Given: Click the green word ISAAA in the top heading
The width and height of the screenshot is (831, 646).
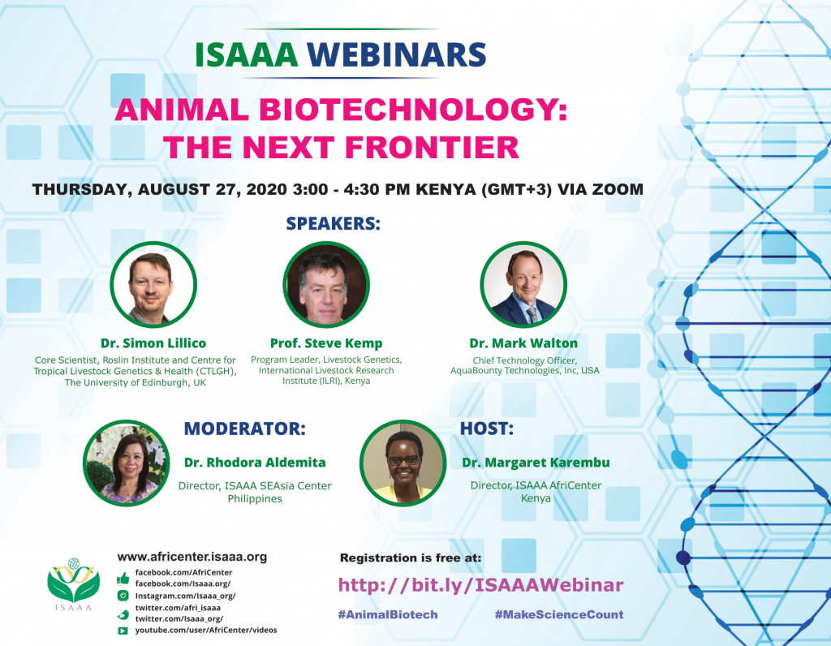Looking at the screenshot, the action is point(247,54).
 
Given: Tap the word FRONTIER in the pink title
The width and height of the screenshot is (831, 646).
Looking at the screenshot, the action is point(433,148).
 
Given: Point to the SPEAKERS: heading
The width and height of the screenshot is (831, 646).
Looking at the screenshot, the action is point(334,224).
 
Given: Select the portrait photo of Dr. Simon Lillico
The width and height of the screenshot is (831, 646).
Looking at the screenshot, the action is point(153,285).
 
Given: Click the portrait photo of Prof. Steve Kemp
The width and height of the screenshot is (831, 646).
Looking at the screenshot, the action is point(326,285).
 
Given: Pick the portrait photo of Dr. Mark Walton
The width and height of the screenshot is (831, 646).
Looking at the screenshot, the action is point(523,285).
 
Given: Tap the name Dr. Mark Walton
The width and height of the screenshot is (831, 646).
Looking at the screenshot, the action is point(523,343).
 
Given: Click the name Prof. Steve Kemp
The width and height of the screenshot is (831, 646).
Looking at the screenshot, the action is point(326,343).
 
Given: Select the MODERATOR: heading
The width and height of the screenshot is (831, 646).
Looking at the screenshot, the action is point(245,429).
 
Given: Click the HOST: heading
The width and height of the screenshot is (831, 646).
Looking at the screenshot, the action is point(487,429).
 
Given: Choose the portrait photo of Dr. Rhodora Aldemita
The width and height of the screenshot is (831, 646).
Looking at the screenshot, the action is point(126,463).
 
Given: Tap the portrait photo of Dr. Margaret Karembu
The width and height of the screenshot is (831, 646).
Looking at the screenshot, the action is point(403,463).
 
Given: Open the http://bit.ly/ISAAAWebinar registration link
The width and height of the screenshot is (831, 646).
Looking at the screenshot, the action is point(480,585).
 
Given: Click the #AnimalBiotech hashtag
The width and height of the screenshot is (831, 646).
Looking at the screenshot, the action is point(388,614).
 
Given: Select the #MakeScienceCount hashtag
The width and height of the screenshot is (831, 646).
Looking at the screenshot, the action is point(559,614).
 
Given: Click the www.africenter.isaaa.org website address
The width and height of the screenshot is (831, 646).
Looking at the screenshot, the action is point(192,557).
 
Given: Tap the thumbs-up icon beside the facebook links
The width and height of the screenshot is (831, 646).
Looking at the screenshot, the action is point(123,578).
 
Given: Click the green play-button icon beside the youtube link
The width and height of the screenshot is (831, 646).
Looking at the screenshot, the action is point(123,631).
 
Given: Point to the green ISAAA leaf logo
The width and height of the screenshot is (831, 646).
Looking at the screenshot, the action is point(73,584).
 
